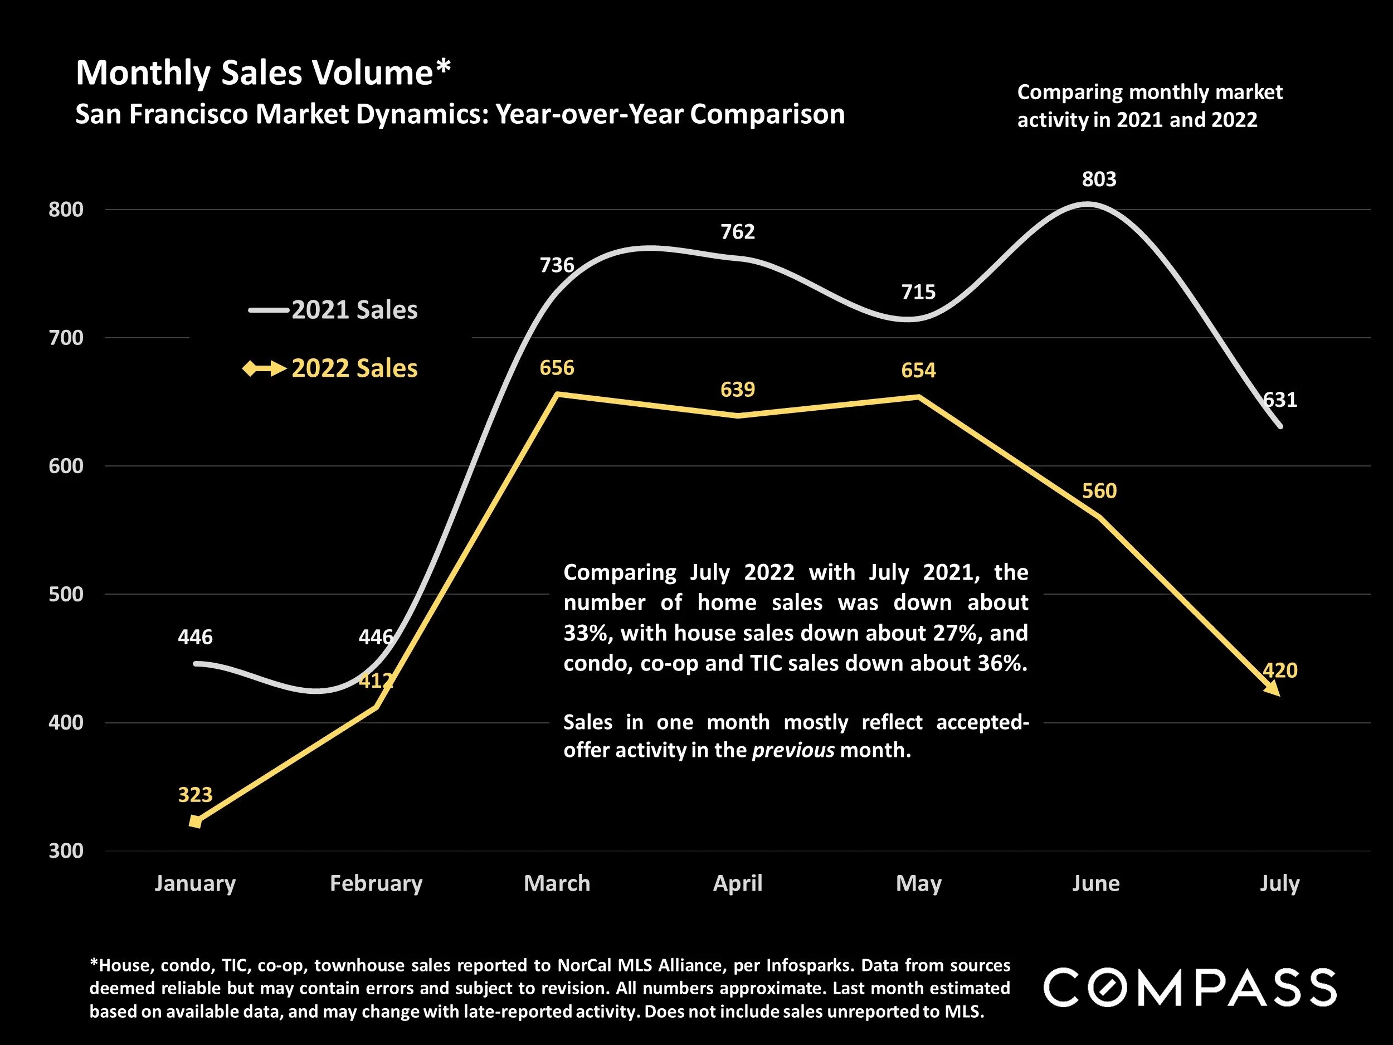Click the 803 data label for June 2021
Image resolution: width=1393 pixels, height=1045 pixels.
[1099, 179]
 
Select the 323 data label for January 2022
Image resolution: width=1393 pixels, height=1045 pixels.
[195, 795]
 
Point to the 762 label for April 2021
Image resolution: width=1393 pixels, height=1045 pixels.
[737, 232]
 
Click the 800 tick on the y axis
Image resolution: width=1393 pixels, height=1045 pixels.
[66, 210]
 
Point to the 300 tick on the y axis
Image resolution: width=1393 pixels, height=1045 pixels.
[66, 851]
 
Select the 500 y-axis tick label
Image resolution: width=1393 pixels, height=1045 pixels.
[66, 594]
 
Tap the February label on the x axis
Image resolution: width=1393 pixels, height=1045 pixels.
[376, 883]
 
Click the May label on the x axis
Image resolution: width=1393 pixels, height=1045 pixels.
[918, 883]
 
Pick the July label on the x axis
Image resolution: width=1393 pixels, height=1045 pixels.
[1279, 883]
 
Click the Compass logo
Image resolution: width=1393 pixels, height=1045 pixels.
[1190, 988]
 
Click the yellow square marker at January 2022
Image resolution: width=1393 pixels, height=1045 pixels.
[195, 822]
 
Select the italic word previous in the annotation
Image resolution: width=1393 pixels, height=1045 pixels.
[793, 750]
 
